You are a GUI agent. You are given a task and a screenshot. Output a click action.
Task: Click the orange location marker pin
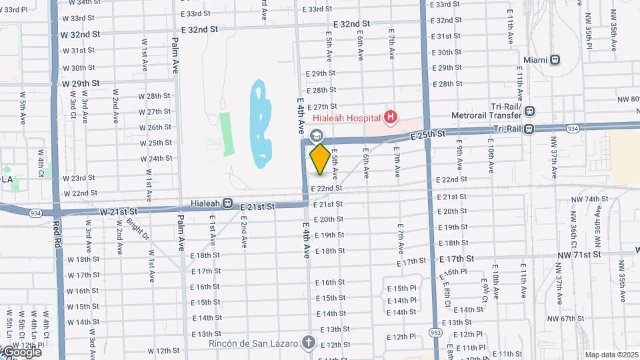point(319,159)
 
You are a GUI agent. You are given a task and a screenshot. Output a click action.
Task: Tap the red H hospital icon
point(391,119)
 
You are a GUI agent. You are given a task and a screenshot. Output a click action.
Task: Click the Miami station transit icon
point(555,60)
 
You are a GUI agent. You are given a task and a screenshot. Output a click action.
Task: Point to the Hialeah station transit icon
point(228,203)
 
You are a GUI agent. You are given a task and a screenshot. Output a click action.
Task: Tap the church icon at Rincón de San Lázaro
point(308,343)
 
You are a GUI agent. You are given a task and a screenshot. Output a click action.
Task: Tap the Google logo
point(21,351)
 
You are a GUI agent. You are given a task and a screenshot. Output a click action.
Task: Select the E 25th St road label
point(428,135)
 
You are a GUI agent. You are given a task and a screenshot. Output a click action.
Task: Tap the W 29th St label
point(81,83)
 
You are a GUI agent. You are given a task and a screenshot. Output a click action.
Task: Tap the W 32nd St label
point(80,33)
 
